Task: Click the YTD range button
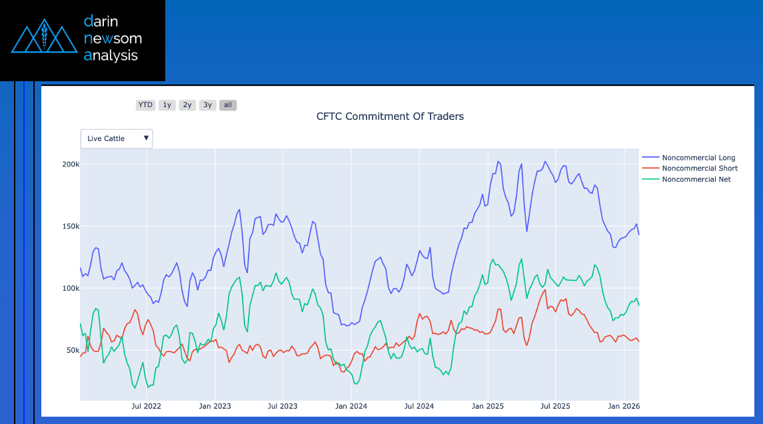coord(145,105)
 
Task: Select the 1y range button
coord(167,105)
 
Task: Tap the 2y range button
coord(187,105)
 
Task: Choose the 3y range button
coord(208,105)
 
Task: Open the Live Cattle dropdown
coord(117,138)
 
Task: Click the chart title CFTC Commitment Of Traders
coord(390,116)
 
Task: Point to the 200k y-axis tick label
coord(70,164)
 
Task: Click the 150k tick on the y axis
coord(70,226)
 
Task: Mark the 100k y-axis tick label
coord(70,288)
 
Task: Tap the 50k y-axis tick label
coord(71,350)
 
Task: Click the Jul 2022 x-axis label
coord(146,405)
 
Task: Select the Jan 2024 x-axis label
coord(351,405)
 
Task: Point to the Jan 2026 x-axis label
coord(624,405)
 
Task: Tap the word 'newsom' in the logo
coord(113,39)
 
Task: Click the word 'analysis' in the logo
coord(111,56)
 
